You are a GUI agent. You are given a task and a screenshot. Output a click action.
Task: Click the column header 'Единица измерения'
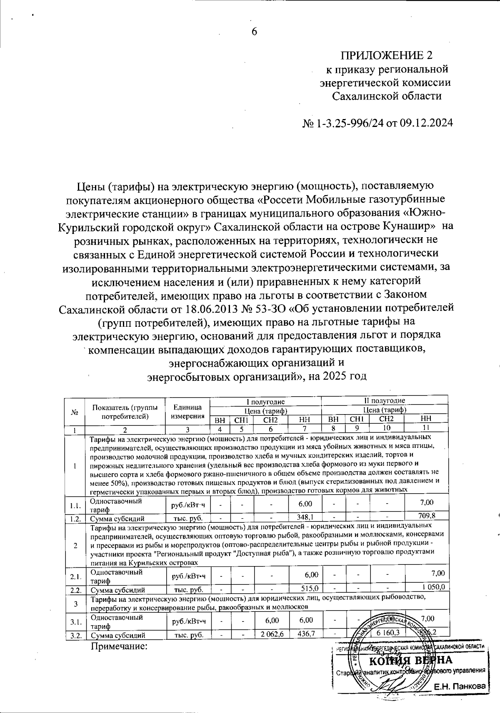(188, 412)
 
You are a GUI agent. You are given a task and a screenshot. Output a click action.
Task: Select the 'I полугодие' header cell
(266, 402)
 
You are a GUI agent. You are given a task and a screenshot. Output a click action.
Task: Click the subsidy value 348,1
(305, 516)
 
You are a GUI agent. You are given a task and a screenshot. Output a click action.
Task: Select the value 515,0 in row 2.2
(310, 589)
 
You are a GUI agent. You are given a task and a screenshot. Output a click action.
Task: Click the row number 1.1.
(75, 506)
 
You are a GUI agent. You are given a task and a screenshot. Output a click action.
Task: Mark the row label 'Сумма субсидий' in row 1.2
(118, 519)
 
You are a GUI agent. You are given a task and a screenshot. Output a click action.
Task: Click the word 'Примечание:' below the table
(120, 646)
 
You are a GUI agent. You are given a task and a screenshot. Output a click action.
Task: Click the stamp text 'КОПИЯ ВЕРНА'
(411, 660)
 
